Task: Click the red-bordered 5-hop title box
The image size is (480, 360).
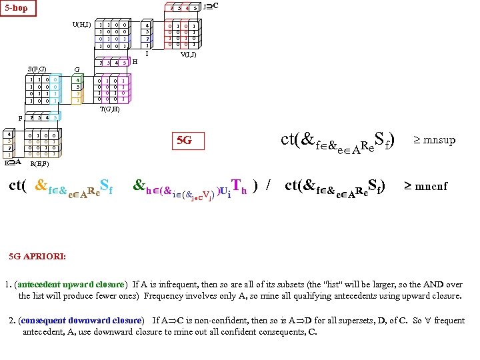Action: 18,9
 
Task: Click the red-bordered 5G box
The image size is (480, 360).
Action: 183,141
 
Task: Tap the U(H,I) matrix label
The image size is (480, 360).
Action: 81,25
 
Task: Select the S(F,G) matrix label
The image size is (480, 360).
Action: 37,69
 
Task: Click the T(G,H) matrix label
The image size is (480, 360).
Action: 109,109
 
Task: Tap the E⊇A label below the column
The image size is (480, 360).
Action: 13,161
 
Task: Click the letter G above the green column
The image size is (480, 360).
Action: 77,69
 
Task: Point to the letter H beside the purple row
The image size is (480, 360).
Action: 135,62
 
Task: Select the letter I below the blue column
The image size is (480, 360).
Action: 146,54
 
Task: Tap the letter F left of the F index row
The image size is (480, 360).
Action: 21,117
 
